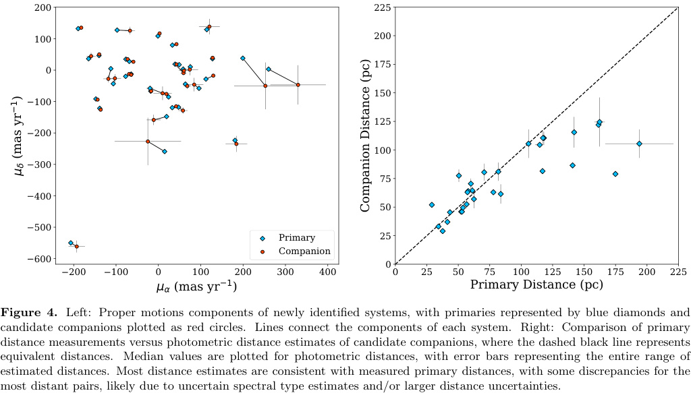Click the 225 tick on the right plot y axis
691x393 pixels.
(x=379, y=7)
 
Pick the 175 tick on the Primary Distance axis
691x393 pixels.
(x=615, y=272)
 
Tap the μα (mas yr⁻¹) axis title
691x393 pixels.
(x=196, y=286)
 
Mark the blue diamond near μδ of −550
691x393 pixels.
(x=71, y=243)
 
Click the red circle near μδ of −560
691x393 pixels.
(x=76, y=247)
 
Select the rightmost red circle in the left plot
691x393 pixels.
(x=298, y=85)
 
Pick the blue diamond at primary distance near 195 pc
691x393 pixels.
(x=639, y=144)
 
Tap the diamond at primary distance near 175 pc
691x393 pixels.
(x=615, y=174)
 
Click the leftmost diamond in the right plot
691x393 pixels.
(x=431, y=205)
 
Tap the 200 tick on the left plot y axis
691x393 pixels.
(x=44, y=7)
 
